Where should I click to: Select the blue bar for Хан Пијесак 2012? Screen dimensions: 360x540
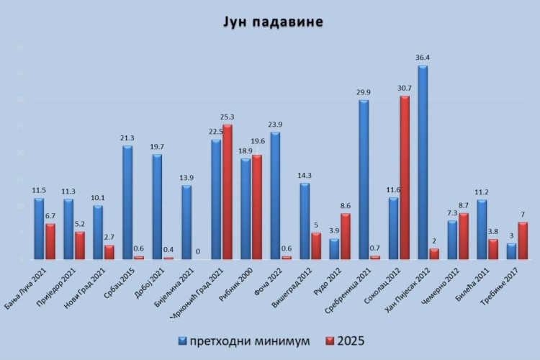pos(423,163)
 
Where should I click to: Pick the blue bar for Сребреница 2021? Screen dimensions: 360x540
pos(364,179)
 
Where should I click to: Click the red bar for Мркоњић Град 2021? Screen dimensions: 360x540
pos(227,192)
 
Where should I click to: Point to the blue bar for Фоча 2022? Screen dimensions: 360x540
pos(275,195)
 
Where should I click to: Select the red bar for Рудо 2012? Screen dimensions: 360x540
pos(345,236)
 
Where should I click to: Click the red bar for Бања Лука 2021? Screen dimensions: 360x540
pos(50,241)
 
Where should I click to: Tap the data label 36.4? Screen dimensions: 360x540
pos(422,58)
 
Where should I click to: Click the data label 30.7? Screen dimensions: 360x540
pos(404,88)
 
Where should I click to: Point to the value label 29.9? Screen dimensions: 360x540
pos(364,92)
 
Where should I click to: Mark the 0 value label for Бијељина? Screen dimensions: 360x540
pos(197,251)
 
